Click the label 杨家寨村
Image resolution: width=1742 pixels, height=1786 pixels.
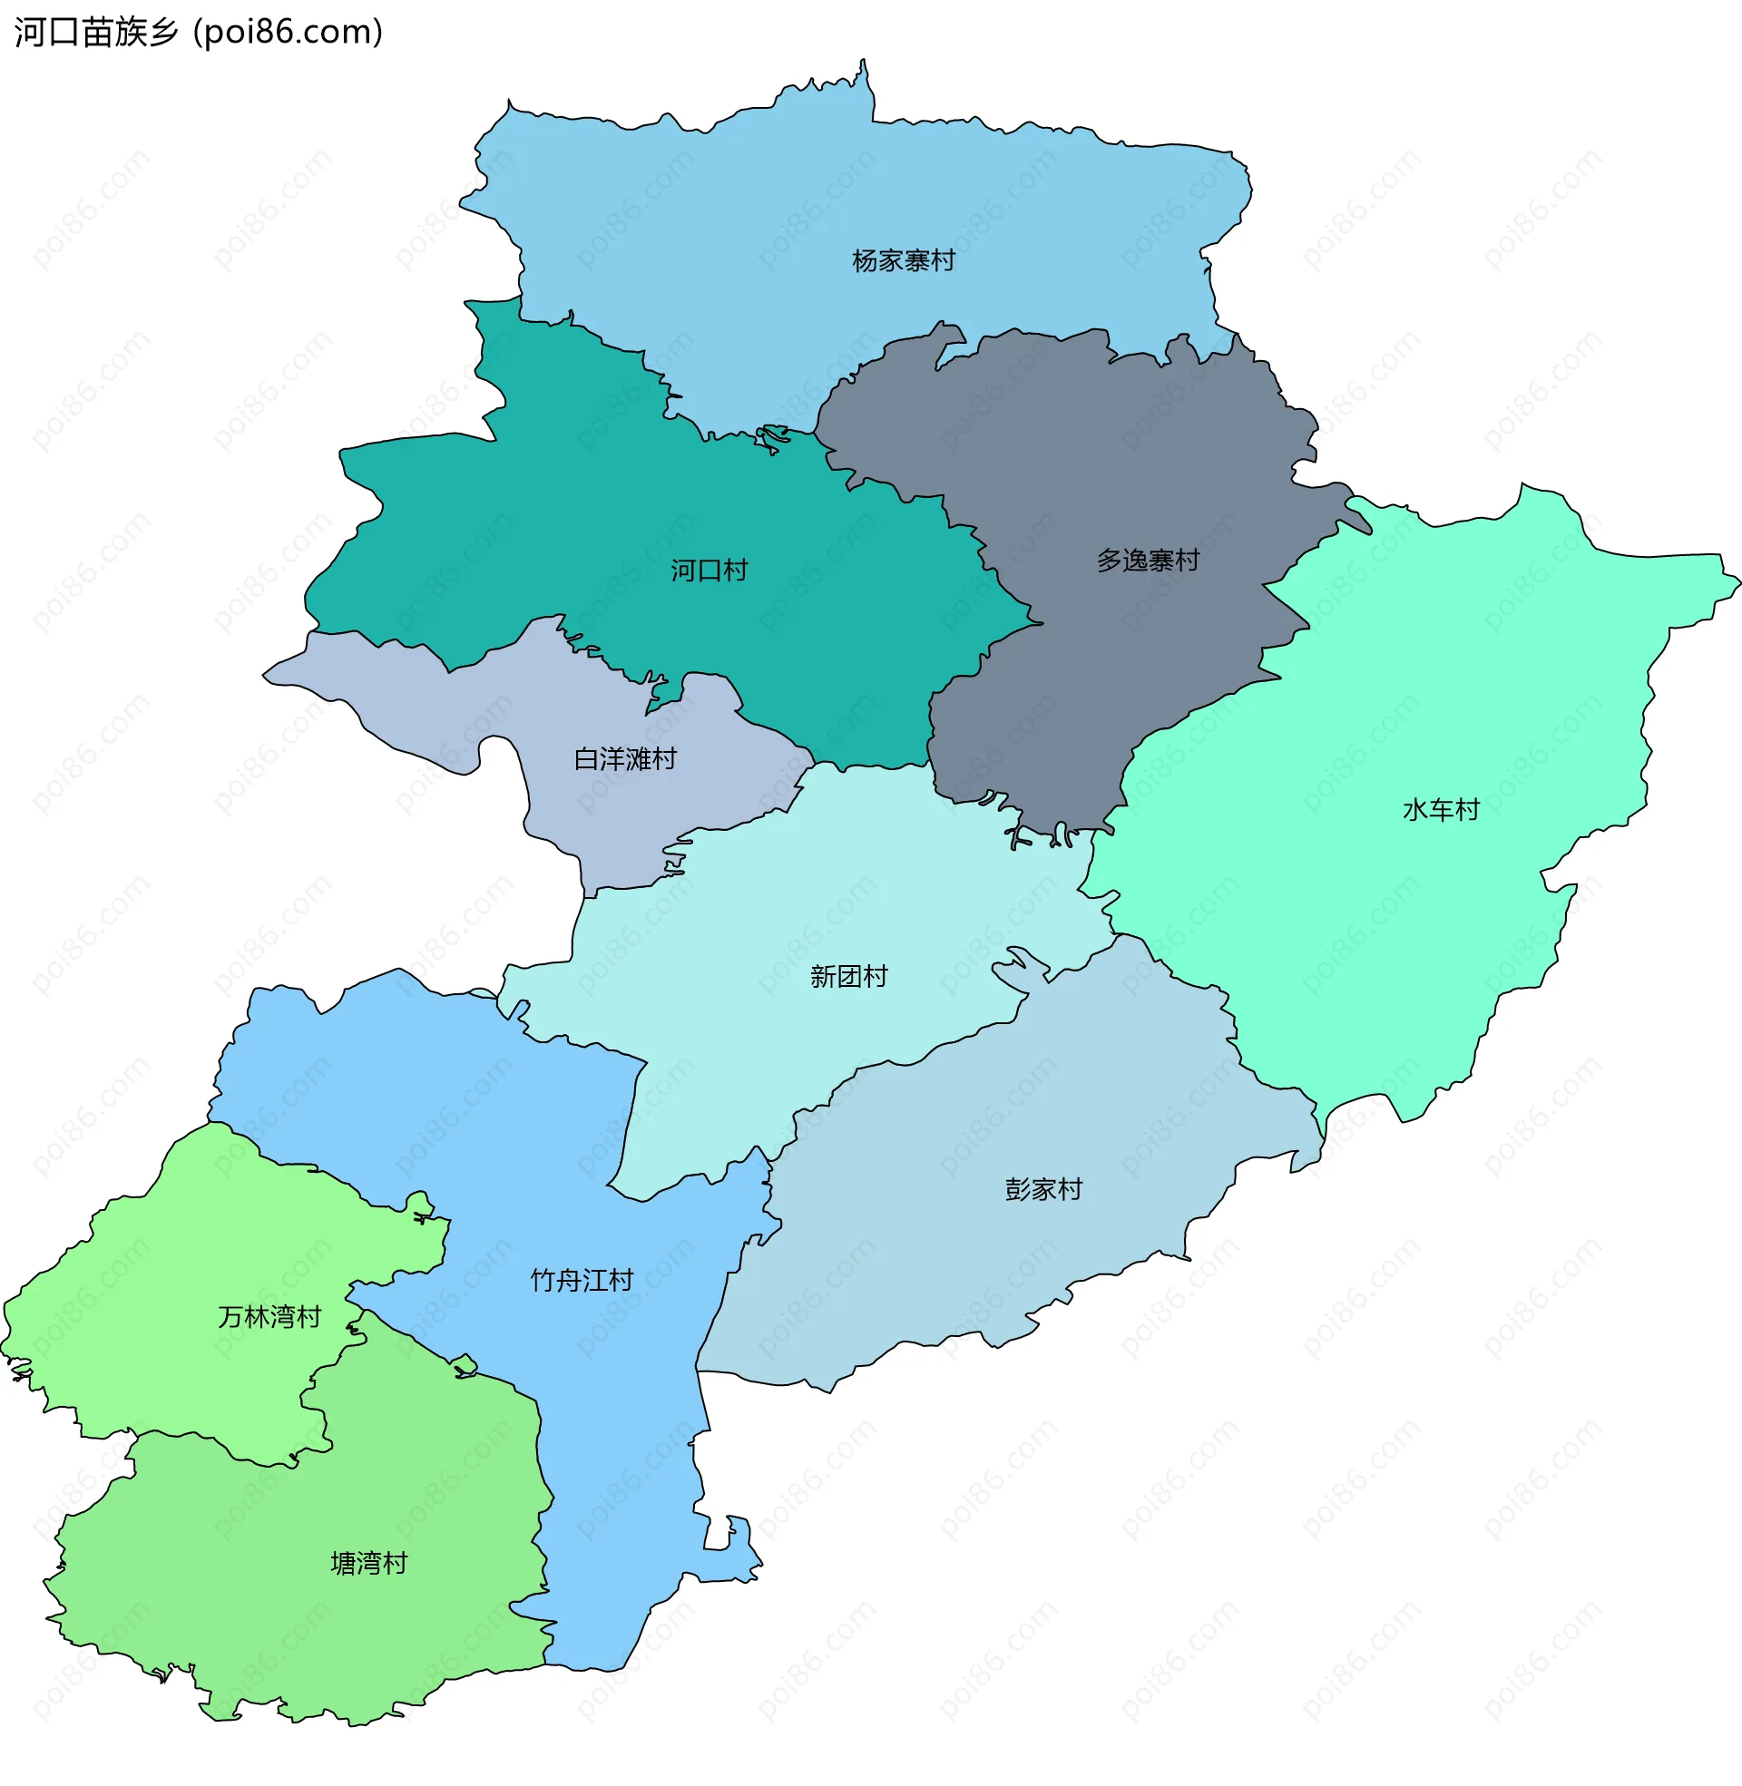pos(903,261)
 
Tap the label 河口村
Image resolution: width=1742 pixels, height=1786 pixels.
pos(710,571)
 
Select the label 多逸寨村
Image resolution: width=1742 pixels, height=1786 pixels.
pos(1149,561)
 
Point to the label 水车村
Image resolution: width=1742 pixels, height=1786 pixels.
pos(1441,810)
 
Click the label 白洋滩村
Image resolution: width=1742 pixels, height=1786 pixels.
pos(625,759)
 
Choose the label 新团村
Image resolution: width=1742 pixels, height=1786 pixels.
pos(848,977)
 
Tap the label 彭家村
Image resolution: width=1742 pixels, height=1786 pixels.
pos(1043,1190)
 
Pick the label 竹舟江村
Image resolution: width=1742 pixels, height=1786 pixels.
pos(582,1280)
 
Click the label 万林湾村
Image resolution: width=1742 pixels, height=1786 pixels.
pos(269,1317)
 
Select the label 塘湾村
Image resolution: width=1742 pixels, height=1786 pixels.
pos(368,1564)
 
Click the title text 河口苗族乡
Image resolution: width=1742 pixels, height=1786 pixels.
pos(96,32)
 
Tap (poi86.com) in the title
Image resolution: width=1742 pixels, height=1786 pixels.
pos(288,32)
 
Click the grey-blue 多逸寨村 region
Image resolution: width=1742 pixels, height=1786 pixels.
pos(1098,439)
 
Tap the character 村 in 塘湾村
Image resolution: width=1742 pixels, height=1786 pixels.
pos(396,1564)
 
